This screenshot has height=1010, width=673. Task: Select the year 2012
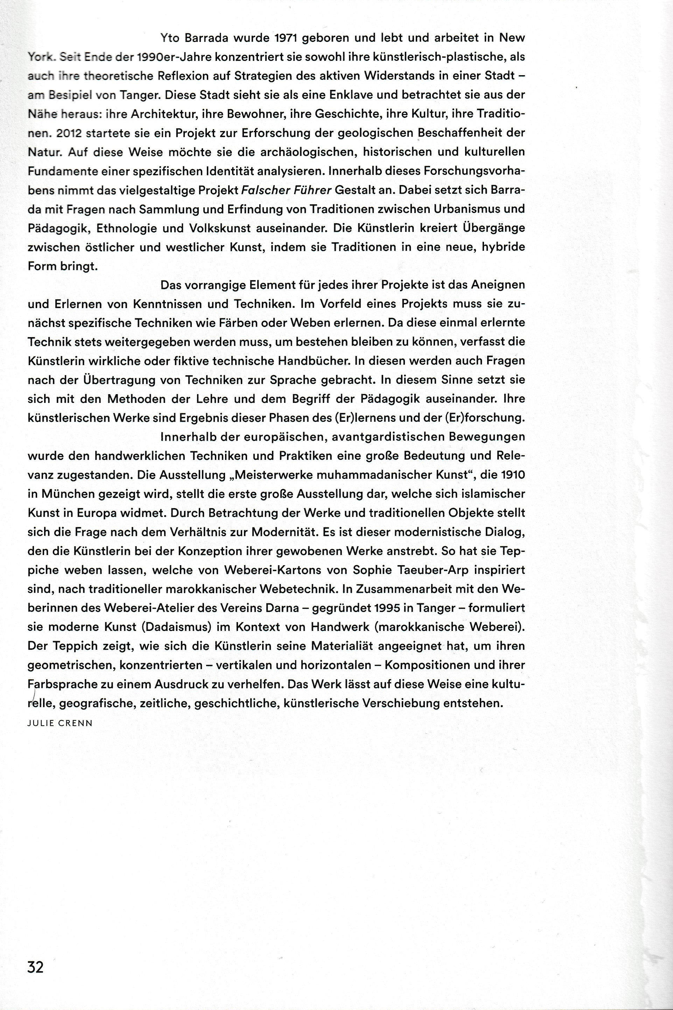click(69, 133)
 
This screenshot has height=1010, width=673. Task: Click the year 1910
click(513, 475)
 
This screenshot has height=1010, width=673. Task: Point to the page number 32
click(36, 967)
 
